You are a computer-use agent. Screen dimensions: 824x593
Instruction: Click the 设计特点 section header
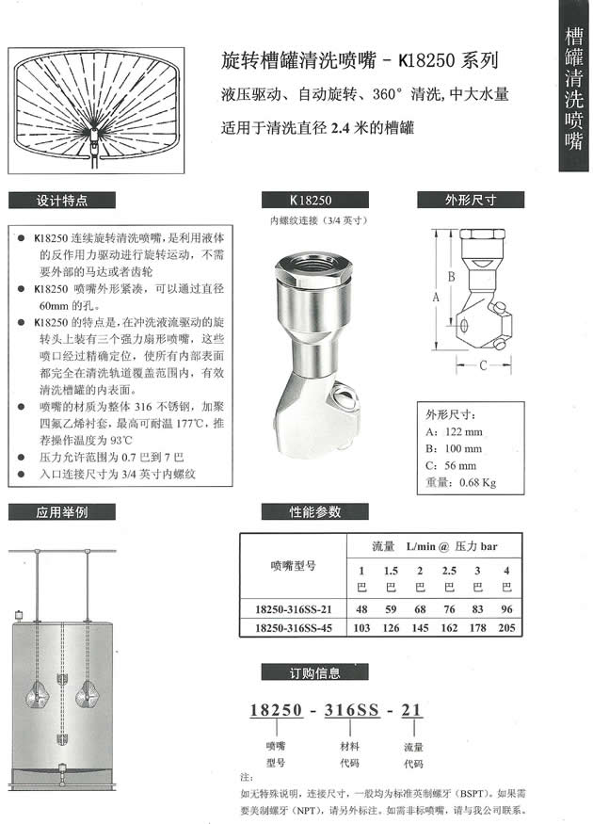(61, 200)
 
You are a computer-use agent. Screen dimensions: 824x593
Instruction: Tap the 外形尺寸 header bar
(470, 200)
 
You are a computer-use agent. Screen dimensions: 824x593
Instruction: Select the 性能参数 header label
(314, 512)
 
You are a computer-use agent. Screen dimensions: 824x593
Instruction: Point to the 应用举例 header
(61, 512)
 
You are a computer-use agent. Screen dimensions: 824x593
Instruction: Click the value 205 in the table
(506, 626)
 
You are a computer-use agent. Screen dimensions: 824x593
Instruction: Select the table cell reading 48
(360, 608)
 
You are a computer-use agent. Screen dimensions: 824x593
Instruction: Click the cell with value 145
(420, 626)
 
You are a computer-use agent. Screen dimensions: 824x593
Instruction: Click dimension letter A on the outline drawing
(436, 296)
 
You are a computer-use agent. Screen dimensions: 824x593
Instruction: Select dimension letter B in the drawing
(452, 277)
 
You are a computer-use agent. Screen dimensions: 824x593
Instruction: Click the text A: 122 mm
(456, 431)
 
